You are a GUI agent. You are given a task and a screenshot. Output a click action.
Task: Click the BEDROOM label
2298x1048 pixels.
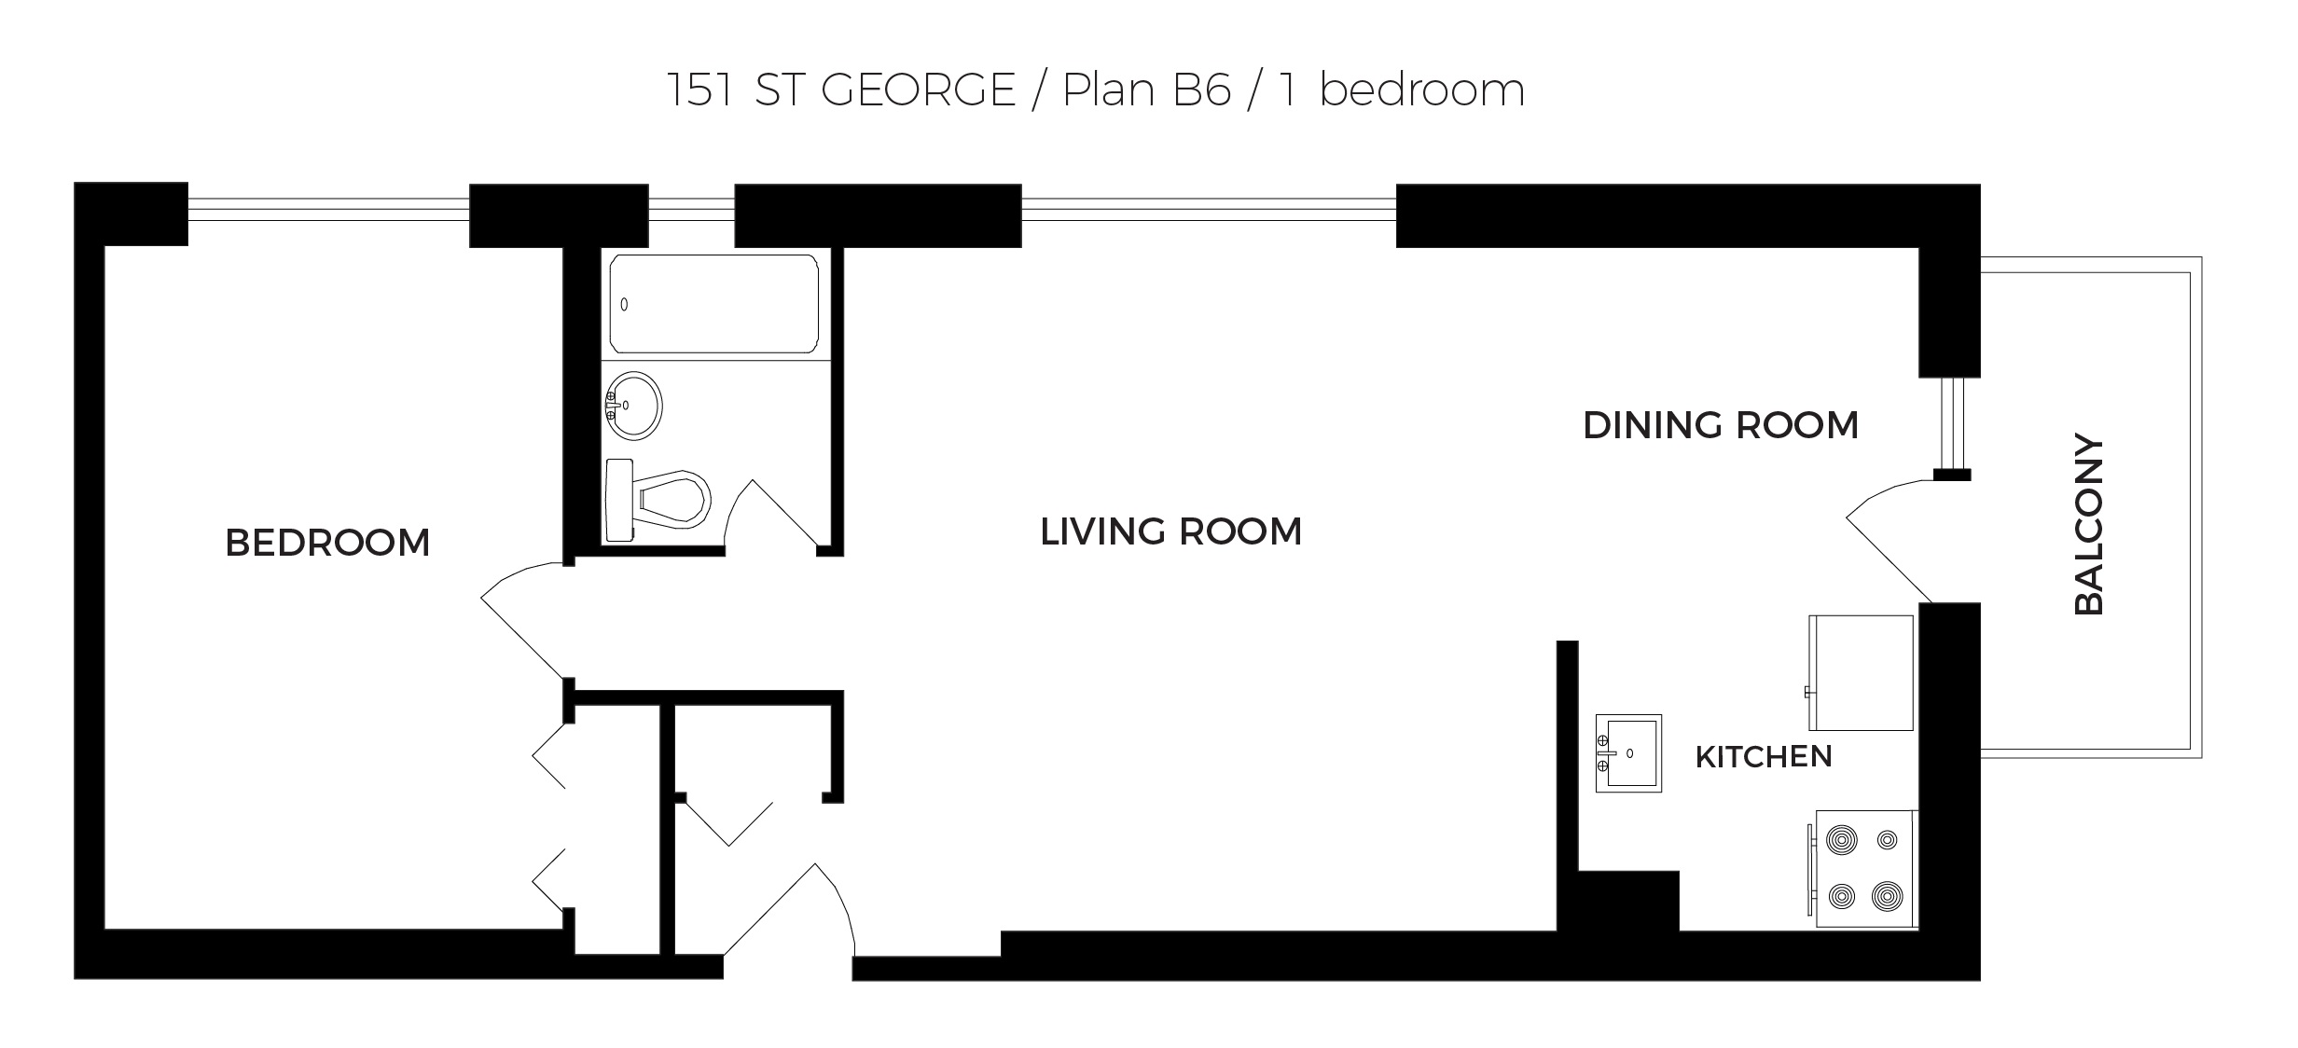(x=327, y=543)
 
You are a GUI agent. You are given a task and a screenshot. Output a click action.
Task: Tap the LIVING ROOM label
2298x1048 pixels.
(x=1170, y=532)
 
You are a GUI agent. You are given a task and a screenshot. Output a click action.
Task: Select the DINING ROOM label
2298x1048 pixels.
(x=1721, y=426)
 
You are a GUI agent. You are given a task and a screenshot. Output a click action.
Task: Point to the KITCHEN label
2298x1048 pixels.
(x=1763, y=757)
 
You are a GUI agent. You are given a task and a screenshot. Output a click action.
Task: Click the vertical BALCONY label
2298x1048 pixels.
(x=2089, y=524)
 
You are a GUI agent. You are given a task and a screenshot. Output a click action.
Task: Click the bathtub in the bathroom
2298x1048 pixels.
(x=714, y=304)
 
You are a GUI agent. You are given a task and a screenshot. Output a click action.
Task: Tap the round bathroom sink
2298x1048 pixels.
(x=634, y=406)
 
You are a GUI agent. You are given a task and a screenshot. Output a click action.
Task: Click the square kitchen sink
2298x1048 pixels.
(x=1628, y=753)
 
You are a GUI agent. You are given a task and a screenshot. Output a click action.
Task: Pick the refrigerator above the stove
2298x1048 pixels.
(x=1861, y=672)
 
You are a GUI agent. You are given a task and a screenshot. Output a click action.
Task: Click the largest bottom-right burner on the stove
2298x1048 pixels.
(x=1887, y=897)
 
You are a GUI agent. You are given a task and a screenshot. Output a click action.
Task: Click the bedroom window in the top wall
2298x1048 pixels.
(x=327, y=209)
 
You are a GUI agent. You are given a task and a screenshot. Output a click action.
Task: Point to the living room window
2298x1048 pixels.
(x=1208, y=209)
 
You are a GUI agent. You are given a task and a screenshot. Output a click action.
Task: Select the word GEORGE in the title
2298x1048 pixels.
(x=918, y=90)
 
